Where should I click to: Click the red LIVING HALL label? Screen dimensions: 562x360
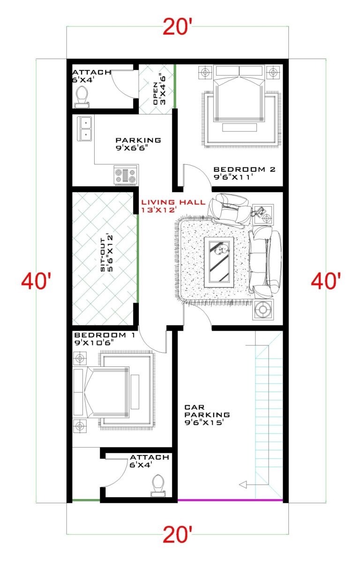click(174, 206)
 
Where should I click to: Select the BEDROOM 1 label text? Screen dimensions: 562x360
click(100, 339)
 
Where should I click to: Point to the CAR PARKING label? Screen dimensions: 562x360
click(207, 415)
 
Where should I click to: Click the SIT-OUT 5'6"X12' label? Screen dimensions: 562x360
click(106, 256)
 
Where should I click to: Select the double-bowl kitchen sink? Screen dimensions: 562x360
click(85, 129)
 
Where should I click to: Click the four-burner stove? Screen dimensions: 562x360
click(126, 175)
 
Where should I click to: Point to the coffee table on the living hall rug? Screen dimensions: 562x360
click(218, 261)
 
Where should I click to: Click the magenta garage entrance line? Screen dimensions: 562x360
click(230, 500)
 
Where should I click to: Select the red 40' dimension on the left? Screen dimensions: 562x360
click(36, 282)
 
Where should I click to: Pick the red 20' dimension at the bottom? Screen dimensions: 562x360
click(178, 535)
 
